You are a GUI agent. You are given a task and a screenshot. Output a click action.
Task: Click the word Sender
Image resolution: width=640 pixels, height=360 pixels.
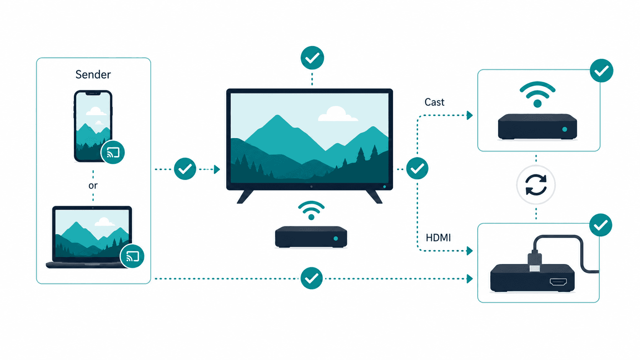click(x=93, y=75)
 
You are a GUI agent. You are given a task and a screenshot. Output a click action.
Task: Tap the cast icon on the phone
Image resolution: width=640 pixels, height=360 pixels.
click(x=113, y=152)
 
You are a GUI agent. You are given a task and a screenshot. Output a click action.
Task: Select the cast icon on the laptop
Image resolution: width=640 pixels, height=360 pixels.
click(x=132, y=256)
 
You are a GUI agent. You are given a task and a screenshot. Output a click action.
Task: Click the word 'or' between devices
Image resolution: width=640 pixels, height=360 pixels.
click(x=93, y=186)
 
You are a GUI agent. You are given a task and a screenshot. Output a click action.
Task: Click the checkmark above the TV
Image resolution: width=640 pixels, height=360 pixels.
click(x=312, y=58)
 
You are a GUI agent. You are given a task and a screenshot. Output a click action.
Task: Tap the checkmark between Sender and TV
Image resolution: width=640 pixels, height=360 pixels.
click(x=185, y=169)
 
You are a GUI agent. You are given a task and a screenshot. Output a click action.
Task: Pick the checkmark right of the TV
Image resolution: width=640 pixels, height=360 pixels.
click(x=417, y=168)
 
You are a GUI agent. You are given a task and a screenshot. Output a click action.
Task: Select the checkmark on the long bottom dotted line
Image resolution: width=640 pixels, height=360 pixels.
click(x=312, y=278)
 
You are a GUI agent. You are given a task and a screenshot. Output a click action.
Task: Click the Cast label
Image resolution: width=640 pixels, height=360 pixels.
click(x=434, y=102)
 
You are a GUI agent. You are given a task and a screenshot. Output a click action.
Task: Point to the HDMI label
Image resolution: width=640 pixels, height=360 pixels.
click(x=438, y=238)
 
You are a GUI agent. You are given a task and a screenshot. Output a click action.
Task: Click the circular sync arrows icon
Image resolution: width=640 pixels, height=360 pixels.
click(x=536, y=185)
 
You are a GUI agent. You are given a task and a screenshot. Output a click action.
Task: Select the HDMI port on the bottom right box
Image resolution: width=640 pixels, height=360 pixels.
click(x=558, y=282)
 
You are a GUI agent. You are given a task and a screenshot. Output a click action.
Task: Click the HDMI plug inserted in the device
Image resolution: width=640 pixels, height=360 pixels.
click(x=535, y=261)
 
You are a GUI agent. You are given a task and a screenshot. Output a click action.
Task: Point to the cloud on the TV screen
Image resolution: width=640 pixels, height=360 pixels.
click(x=338, y=114)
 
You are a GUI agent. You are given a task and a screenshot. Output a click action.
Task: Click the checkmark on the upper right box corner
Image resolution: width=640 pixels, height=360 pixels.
click(x=601, y=71)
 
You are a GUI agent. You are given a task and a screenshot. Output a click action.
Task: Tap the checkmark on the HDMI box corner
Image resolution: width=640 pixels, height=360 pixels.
click(x=601, y=225)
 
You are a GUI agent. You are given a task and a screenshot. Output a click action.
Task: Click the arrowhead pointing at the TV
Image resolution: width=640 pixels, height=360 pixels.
click(x=217, y=169)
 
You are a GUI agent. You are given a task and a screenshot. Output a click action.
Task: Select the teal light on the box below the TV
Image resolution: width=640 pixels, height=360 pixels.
click(x=336, y=238)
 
